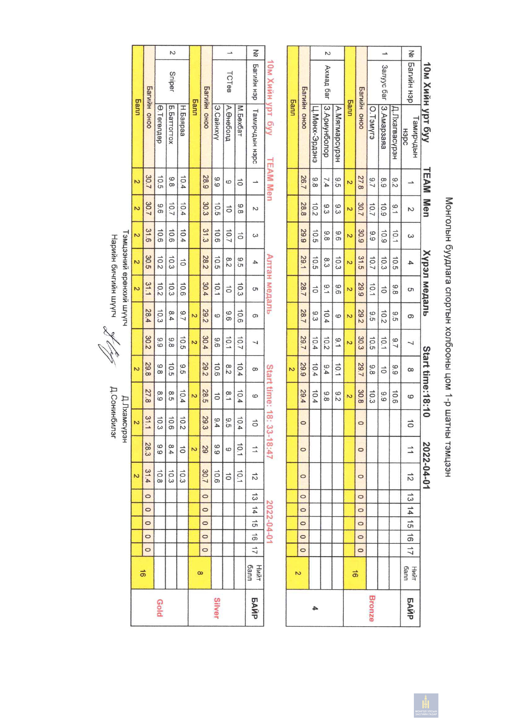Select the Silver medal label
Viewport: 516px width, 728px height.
217,608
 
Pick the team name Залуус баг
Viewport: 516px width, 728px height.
385,82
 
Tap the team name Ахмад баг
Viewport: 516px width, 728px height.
327,82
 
